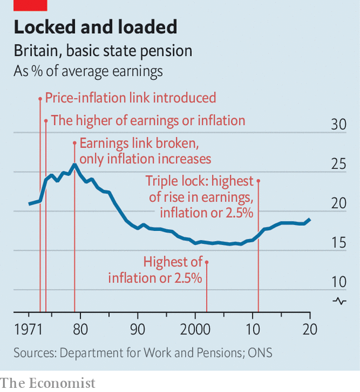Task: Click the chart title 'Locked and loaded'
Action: click(95, 27)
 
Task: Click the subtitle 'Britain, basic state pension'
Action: click(103, 51)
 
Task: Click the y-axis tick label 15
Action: click(338, 242)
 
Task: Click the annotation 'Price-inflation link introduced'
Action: click(130, 98)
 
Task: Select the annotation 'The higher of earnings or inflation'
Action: click(147, 121)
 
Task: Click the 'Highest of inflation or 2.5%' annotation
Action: click(156, 269)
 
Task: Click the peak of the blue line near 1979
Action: click(74, 165)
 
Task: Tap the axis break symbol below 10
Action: click(340, 301)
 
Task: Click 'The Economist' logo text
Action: click(47, 383)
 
